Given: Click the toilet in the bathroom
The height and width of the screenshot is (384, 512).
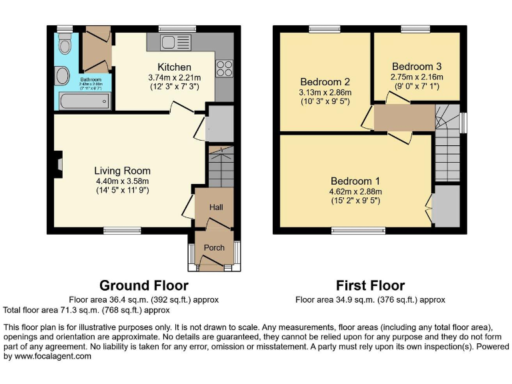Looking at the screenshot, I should (65, 45).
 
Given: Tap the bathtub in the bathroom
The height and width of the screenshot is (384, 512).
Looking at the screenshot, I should (84, 102).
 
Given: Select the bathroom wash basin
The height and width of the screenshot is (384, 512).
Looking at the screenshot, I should (61, 77).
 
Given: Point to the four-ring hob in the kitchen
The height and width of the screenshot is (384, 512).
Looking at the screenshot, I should (224, 69).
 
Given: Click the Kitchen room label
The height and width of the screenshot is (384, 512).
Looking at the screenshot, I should (174, 67).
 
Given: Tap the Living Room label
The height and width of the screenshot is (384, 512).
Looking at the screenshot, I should (122, 171).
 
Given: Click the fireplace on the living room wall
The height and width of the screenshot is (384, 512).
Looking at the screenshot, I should (59, 163).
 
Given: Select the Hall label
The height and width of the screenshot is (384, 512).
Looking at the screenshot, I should (216, 207).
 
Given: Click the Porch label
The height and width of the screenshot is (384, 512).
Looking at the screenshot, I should (214, 248).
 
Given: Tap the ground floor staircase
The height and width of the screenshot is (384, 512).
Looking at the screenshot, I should (219, 171).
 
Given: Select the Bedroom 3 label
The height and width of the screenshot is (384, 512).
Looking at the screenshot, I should (416, 67).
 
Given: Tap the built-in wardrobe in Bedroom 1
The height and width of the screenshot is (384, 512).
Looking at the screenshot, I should (446, 205).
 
